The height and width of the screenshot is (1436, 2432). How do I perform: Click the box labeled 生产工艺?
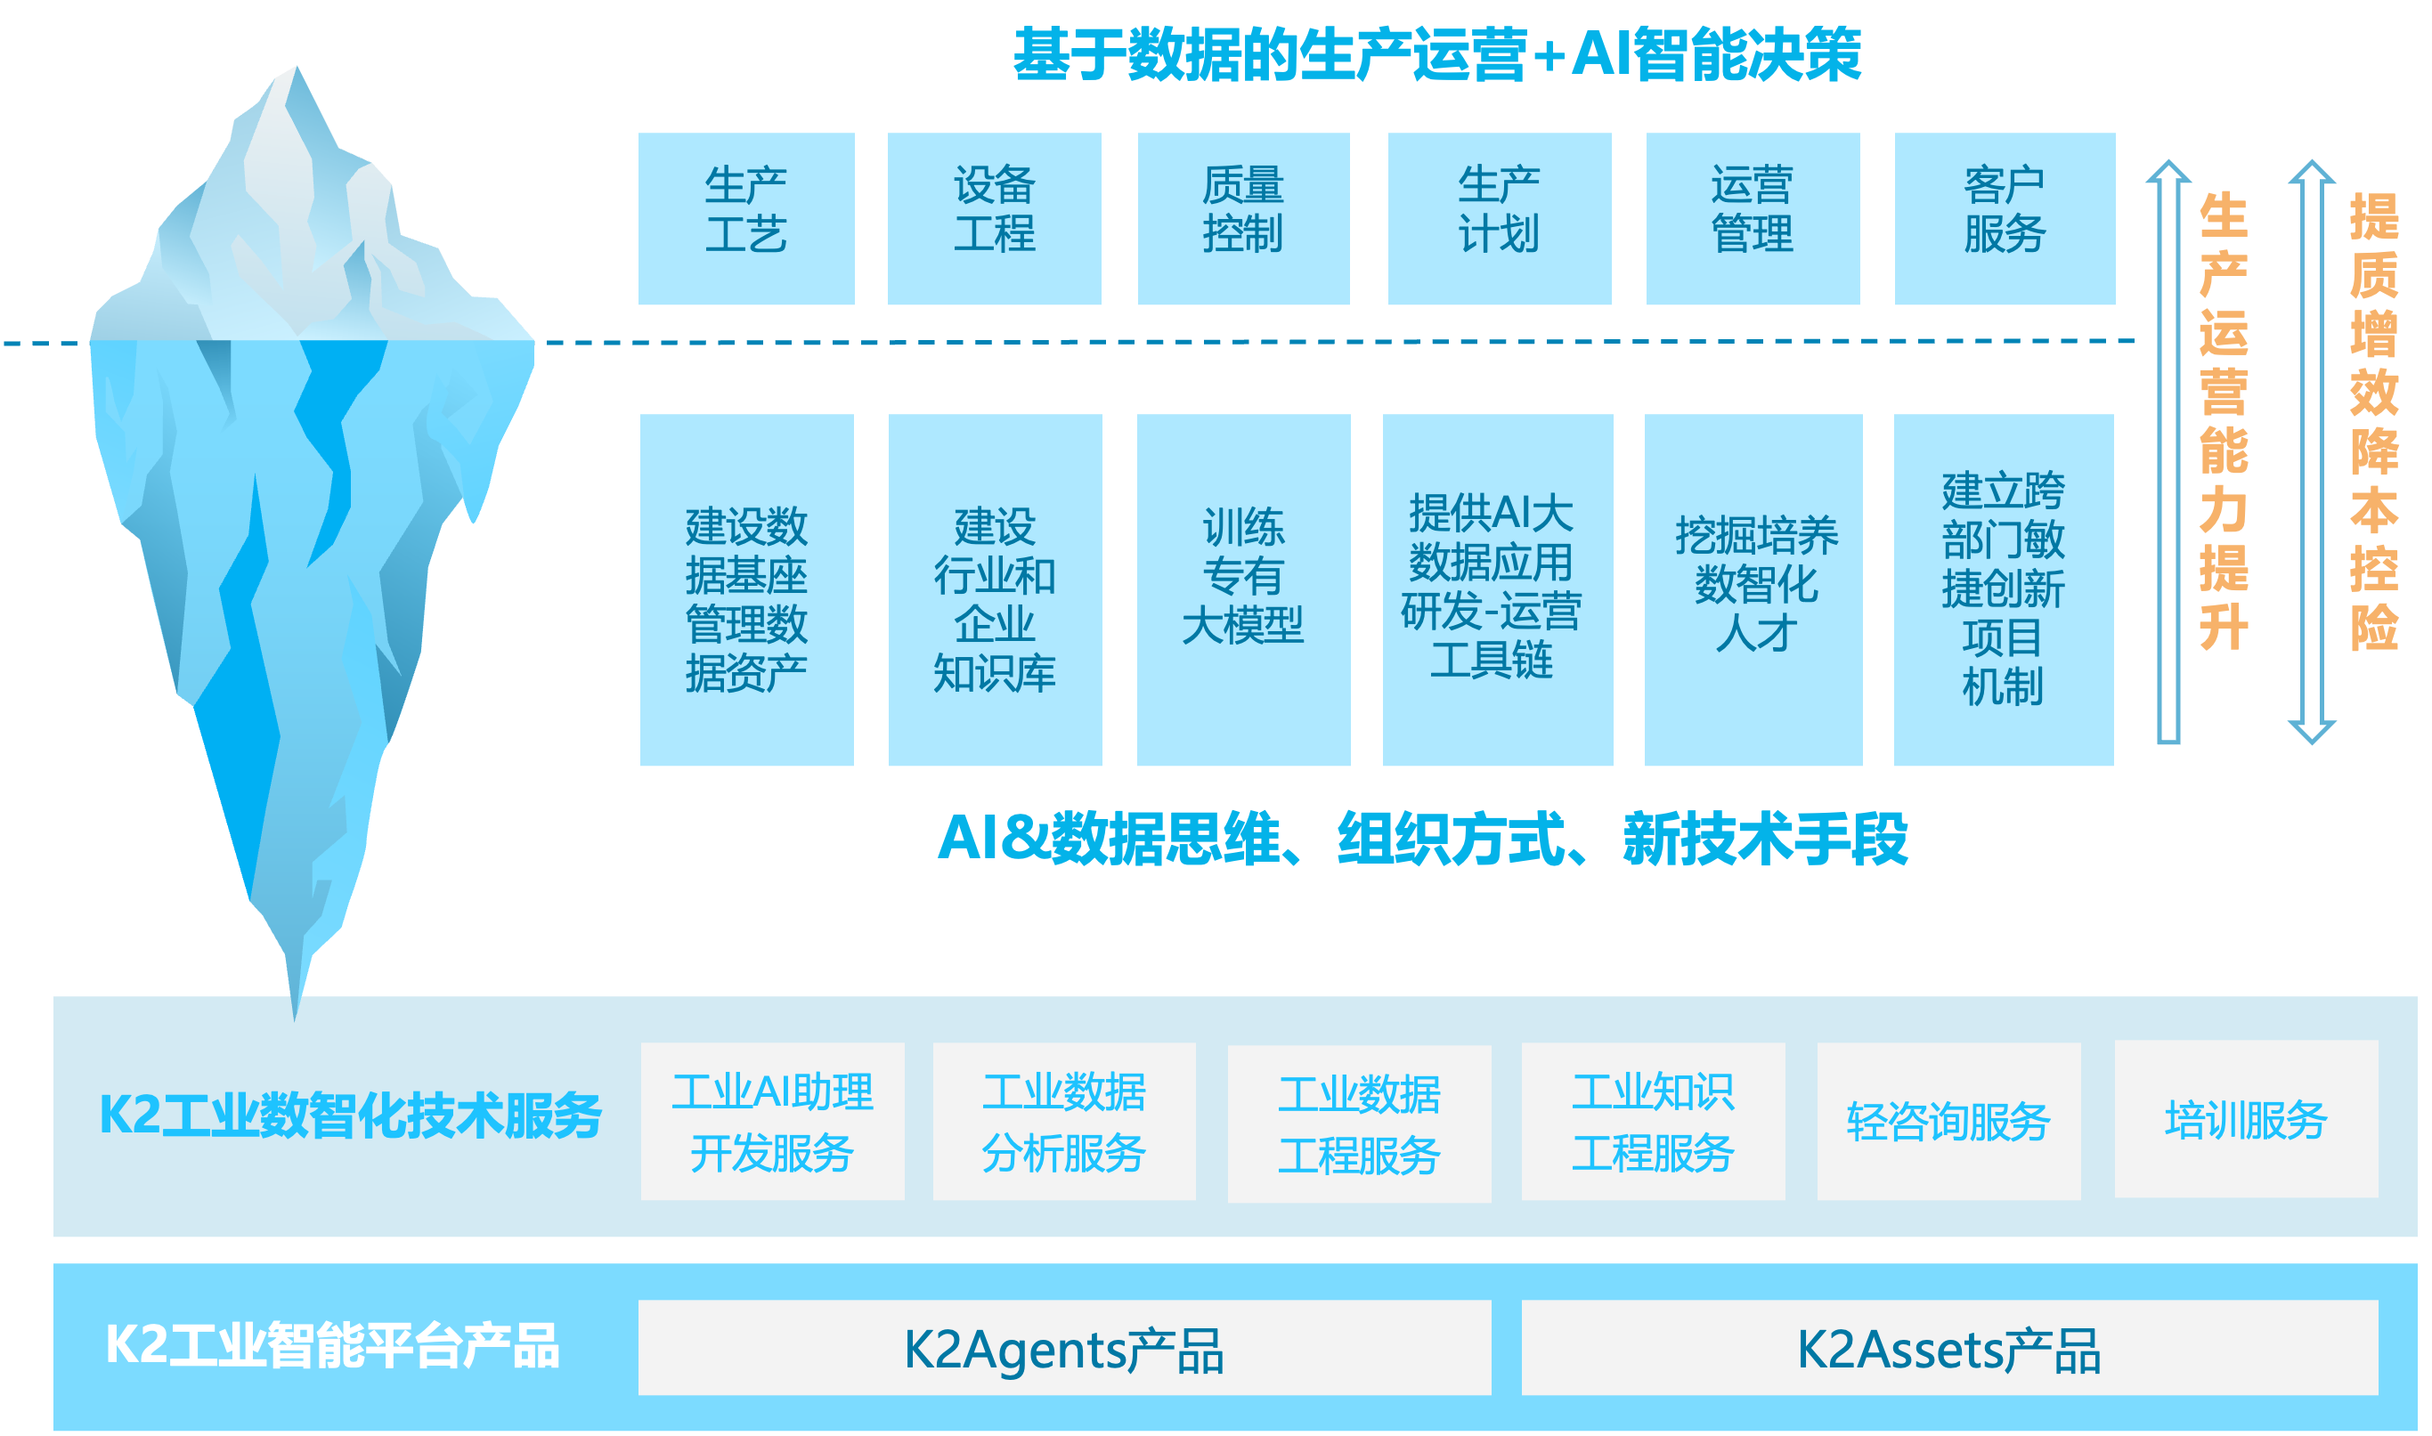[746, 219]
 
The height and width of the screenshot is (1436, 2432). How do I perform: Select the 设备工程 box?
[994, 219]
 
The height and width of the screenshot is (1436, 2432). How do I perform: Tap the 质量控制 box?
[1243, 219]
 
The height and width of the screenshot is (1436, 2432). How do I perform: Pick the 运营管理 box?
[1753, 219]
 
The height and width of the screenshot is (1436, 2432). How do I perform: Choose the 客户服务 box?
[2005, 219]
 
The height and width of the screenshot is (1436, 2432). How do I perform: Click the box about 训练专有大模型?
[1243, 589]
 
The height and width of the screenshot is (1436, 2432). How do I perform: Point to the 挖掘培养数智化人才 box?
[1753, 589]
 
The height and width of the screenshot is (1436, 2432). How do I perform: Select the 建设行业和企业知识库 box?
[995, 589]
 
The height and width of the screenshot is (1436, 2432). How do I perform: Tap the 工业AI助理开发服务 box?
[772, 1122]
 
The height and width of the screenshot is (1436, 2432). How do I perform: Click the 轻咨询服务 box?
[1948, 1122]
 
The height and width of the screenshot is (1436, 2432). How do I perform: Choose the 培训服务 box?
[2245, 1120]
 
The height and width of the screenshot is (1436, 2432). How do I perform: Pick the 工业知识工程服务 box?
[1653, 1122]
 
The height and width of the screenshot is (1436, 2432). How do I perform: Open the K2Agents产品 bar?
[1064, 1348]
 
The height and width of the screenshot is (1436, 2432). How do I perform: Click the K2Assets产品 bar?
[1949, 1348]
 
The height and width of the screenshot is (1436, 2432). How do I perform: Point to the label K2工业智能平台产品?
[332, 1345]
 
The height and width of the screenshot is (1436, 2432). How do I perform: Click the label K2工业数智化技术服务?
[350, 1115]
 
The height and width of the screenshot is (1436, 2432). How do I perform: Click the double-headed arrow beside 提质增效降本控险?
[2311, 452]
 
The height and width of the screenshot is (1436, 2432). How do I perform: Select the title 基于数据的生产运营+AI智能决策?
[1437, 54]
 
